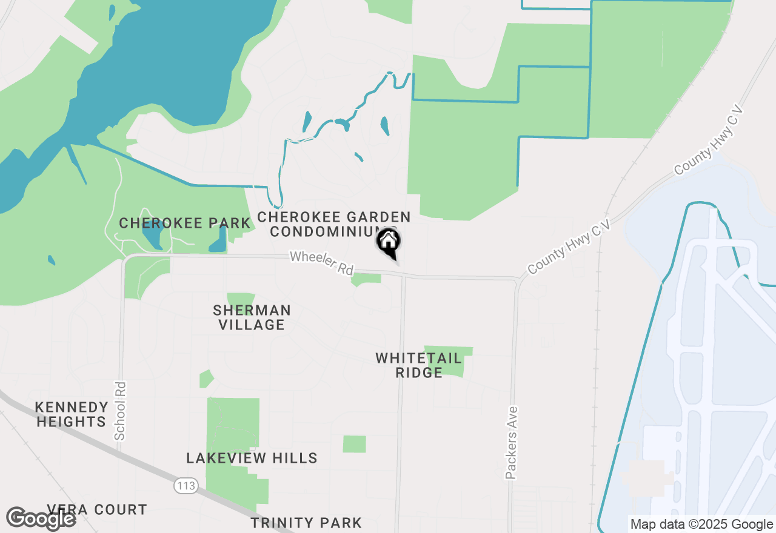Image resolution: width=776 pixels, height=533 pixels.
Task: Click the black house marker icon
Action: coord(388,242)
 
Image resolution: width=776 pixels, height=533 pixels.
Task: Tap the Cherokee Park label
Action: coord(184,223)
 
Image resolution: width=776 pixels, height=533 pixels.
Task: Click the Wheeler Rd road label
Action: coord(321,263)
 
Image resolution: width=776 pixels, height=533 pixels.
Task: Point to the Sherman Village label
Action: coord(252,317)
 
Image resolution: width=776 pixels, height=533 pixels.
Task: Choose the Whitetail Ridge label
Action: coord(418,365)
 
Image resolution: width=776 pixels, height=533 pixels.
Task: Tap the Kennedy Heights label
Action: coord(72,414)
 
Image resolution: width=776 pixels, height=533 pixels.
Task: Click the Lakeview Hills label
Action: coord(252,458)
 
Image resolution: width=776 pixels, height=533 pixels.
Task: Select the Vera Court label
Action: coord(97,509)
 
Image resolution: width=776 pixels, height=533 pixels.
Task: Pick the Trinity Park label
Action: coord(306,523)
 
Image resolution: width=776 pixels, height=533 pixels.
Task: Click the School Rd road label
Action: coord(120,410)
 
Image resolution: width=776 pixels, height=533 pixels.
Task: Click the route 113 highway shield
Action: coord(183,485)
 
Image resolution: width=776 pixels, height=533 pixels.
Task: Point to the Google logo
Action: coord(41,518)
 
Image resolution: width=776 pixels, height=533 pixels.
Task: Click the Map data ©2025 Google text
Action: coord(701,525)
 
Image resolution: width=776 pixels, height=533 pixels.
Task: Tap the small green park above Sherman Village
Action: coord(240,299)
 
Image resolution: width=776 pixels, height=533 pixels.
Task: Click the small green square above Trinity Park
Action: coord(354,444)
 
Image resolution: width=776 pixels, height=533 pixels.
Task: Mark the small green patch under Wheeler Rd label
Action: coord(366,279)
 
